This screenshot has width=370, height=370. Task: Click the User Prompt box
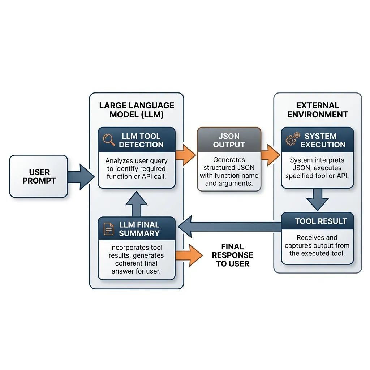pyautogui.click(x=38, y=176)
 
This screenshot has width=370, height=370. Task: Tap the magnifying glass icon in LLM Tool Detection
pyautogui.click(x=109, y=140)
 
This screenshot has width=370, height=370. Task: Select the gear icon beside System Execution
pyautogui.click(x=292, y=139)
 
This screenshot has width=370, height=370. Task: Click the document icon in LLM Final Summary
pyautogui.click(x=109, y=229)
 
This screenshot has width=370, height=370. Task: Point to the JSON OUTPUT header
pyautogui.click(x=229, y=141)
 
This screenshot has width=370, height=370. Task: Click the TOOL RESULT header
pyautogui.click(x=321, y=221)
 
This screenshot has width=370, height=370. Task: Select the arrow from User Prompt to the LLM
pyautogui.click(x=81, y=176)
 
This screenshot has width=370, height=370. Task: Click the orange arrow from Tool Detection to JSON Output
pyautogui.click(x=185, y=156)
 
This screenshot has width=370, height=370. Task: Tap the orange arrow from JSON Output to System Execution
pyautogui.click(x=270, y=155)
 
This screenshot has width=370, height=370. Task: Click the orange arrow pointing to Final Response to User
pyautogui.click(x=188, y=255)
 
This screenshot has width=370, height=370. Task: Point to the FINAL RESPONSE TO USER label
pyautogui.click(x=232, y=255)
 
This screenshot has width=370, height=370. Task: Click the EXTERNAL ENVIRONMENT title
pyautogui.click(x=317, y=110)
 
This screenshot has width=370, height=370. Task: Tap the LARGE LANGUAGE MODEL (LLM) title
pyautogui.click(x=137, y=110)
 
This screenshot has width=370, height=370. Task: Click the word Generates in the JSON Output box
pyautogui.click(x=229, y=160)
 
